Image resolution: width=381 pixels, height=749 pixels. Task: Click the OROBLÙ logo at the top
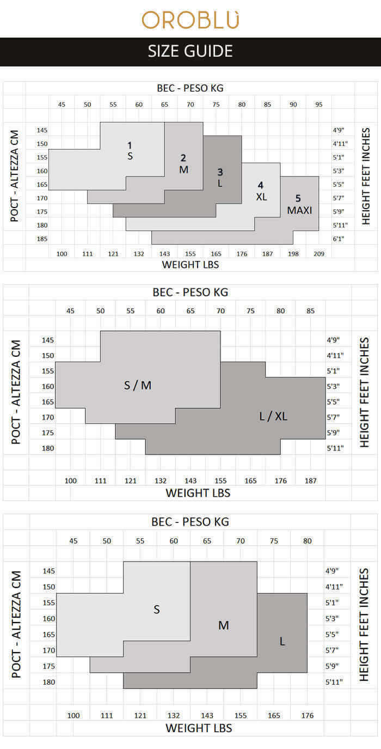(x=190, y=20)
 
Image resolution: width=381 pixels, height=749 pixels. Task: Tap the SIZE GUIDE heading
(x=190, y=51)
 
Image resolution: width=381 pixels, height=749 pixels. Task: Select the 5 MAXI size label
(x=299, y=204)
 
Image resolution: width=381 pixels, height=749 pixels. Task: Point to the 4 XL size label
(x=261, y=191)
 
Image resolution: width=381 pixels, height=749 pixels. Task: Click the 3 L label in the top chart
(x=220, y=178)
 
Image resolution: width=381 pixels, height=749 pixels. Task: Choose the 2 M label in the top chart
(x=183, y=164)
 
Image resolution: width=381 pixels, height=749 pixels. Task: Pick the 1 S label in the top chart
(x=130, y=150)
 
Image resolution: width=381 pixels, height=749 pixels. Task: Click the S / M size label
(x=138, y=385)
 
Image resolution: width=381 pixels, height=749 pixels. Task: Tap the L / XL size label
(x=273, y=416)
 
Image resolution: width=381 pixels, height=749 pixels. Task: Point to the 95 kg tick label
(x=319, y=105)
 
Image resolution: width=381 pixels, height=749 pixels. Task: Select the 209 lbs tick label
(x=319, y=254)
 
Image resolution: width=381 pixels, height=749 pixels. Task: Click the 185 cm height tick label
(x=42, y=239)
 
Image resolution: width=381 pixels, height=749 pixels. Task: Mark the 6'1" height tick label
(x=338, y=239)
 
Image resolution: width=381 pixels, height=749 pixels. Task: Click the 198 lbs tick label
(x=293, y=254)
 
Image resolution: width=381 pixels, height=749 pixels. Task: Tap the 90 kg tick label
(x=293, y=105)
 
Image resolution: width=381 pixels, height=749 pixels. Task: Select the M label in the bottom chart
(x=224, y=625)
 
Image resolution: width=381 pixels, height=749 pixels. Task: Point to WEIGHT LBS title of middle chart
(x=198, y=493)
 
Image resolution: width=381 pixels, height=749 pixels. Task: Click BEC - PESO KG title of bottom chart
(x=190, y=522)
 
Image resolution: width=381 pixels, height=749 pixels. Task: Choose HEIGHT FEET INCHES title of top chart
(x=366, y=176)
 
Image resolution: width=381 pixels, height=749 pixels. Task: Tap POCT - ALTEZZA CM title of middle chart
(x=16, y=392)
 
